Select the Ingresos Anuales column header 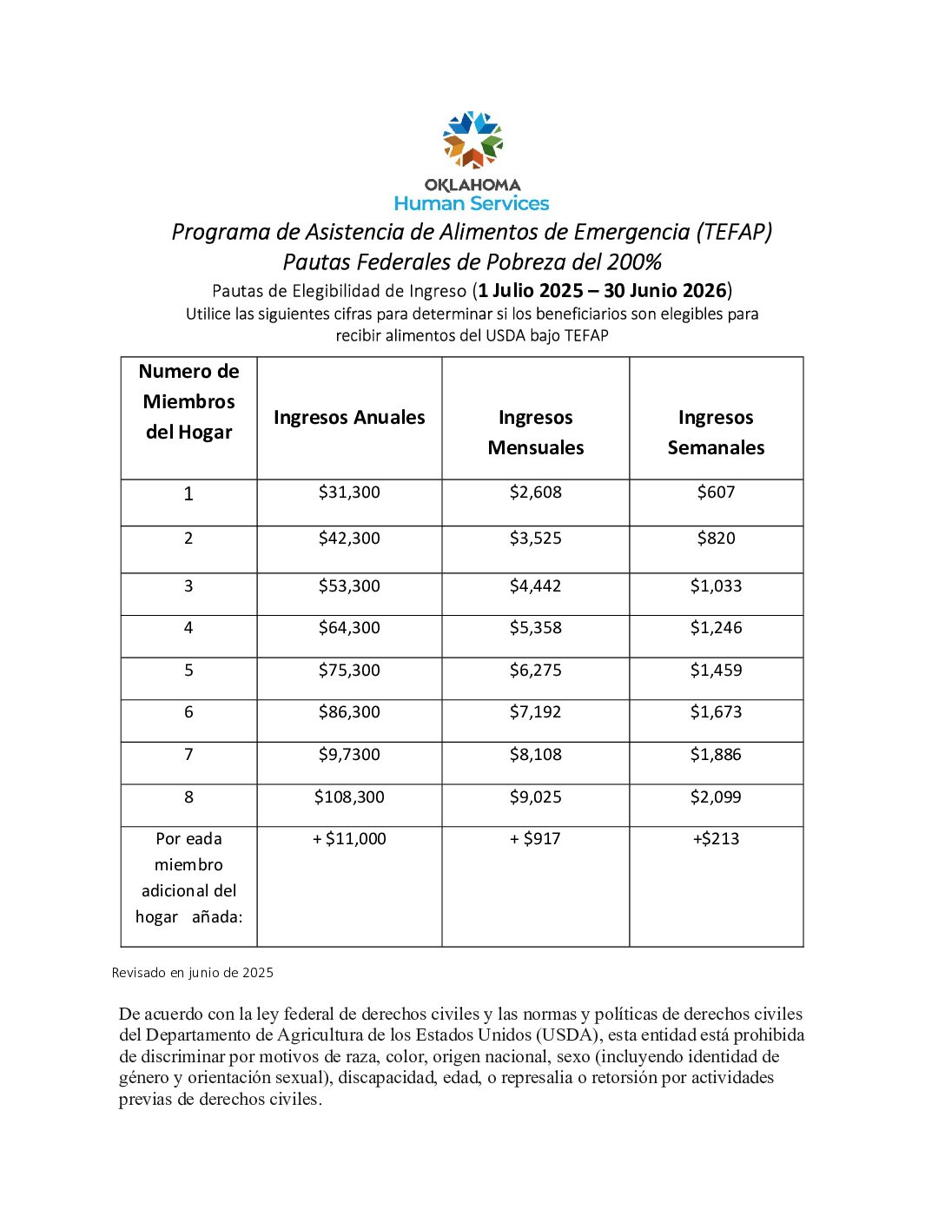(x=349, y=418)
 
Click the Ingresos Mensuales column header (x=535, y=432)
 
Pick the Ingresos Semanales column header (x=716, y=432)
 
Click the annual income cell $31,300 (x=349, y=493)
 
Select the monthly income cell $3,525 (x=535, y=539)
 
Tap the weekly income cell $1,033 (x=716, y=586)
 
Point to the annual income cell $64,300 (x=349, y=628)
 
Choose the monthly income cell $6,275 (x=535, y=671)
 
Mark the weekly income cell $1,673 (x=716, y=712)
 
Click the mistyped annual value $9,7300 (x=349, y=755)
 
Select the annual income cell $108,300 (x=349, y=797)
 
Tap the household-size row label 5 (x=188, y=671)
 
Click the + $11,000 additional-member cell (x=349, y=839)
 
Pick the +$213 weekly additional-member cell (x=716, y=839)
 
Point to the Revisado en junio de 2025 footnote (x=193, y=973)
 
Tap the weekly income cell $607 (x=716, y=493)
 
